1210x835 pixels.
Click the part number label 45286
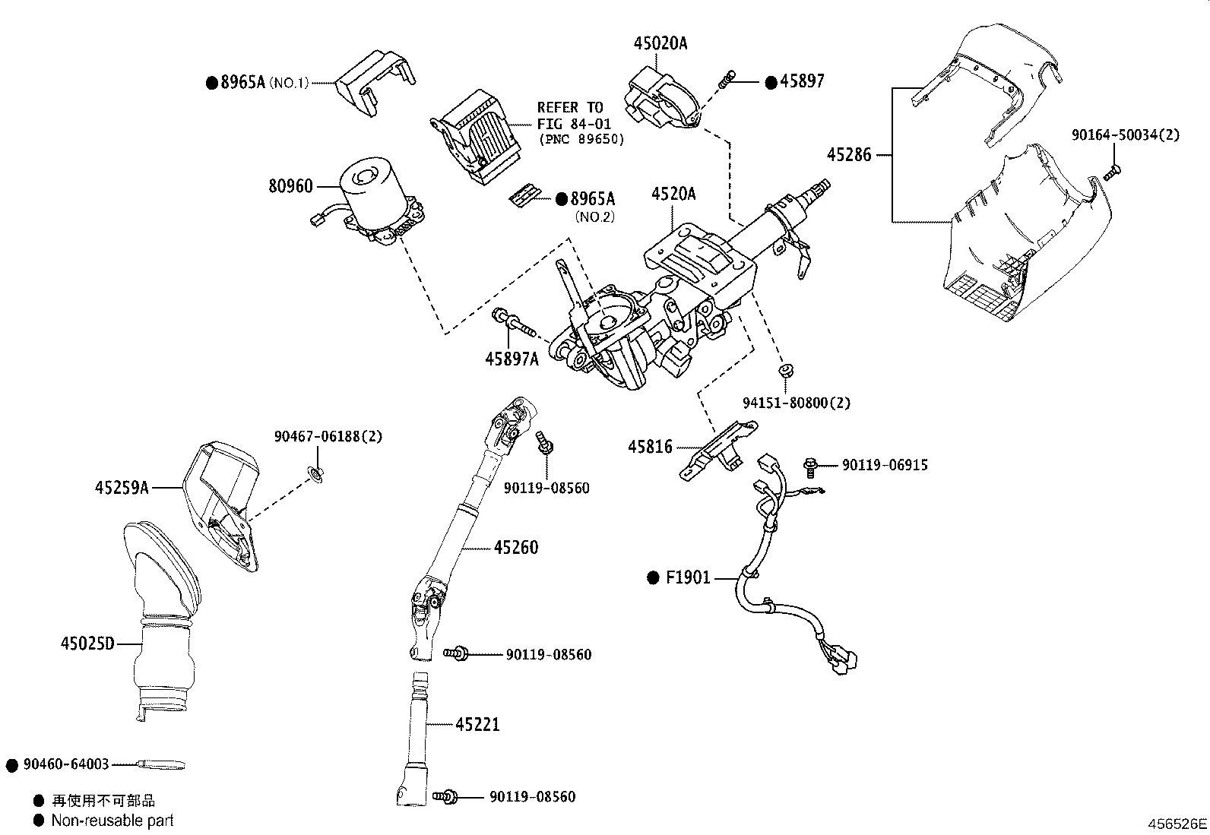(849, 155)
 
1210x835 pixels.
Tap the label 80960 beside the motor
(290, 185)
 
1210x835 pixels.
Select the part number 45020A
(660, 43)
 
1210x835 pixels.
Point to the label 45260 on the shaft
(515, 547)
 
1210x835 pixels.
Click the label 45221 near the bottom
(477, 724)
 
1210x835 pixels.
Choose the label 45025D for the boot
(87, 644)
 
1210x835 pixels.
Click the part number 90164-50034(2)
(1125, 134)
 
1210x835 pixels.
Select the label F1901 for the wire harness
(687, 577)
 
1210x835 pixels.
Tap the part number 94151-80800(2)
(796, 402)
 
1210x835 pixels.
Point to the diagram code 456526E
(1177, 823)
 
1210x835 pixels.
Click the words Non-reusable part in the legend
(112, 821)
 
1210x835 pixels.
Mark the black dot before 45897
(771, 82)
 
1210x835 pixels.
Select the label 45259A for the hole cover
(122, 487)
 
